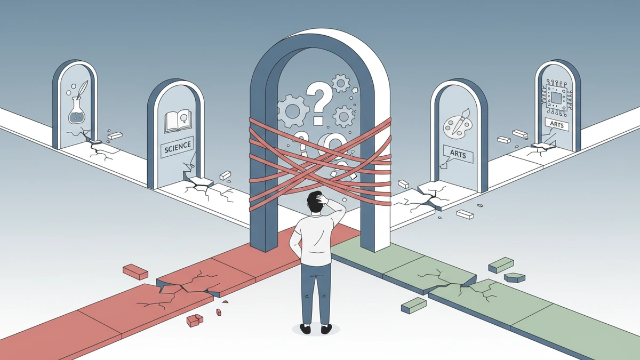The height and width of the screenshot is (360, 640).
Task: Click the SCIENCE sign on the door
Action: (178, 147)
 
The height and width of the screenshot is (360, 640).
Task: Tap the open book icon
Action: (177, 122)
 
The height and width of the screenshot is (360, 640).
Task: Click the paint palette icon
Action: (457, 125)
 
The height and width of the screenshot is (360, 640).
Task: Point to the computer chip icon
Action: (556, 98)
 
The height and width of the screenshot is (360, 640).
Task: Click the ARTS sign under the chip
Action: (557, 125)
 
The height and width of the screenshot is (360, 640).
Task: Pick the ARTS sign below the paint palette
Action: (458, 154)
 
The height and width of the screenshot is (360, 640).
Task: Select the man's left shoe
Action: (306, 329)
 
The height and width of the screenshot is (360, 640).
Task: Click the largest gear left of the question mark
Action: (293, 111)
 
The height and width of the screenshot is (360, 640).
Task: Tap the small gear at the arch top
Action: (341, 83)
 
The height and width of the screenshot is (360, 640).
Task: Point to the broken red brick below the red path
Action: (195, 320)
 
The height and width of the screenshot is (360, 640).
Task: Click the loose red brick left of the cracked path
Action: (135, 271)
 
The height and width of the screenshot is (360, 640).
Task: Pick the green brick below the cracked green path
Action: (414, 305)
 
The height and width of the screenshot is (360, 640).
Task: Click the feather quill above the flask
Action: (83, 89)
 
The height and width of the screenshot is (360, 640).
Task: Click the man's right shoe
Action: (326, 329)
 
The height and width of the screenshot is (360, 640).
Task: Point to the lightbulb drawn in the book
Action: (183, 117)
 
